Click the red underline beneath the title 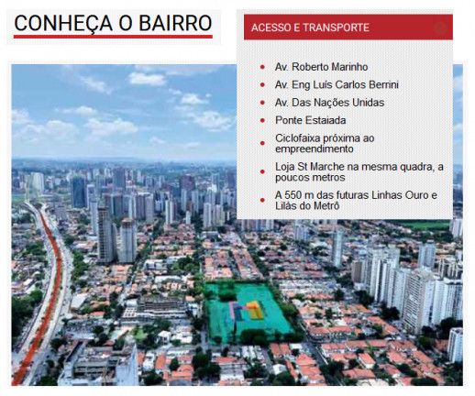113,38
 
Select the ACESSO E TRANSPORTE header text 311,28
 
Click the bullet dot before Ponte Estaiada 262,121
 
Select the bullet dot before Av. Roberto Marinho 262,68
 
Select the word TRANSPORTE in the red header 338,28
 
